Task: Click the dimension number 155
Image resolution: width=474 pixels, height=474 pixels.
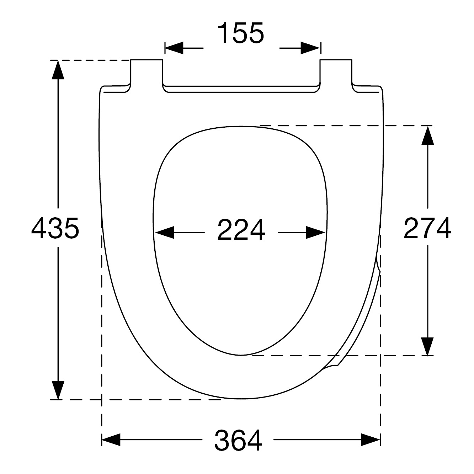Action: tap(241, 33)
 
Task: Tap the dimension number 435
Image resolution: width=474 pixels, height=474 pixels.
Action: tap(55, 228)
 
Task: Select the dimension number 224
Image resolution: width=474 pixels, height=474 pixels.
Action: tap(241, 230)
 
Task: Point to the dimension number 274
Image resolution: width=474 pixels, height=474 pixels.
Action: tap(427, 228)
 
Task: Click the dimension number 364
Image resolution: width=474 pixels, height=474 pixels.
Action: tap(238, 440)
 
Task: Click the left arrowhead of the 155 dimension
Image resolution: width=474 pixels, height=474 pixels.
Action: tap(174, 48)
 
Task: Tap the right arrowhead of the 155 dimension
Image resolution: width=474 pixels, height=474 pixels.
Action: tap(310, 48)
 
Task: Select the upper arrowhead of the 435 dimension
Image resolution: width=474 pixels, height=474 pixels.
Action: tap(58, 70)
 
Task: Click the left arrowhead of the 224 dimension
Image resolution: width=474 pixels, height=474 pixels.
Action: tap(165, 233)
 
